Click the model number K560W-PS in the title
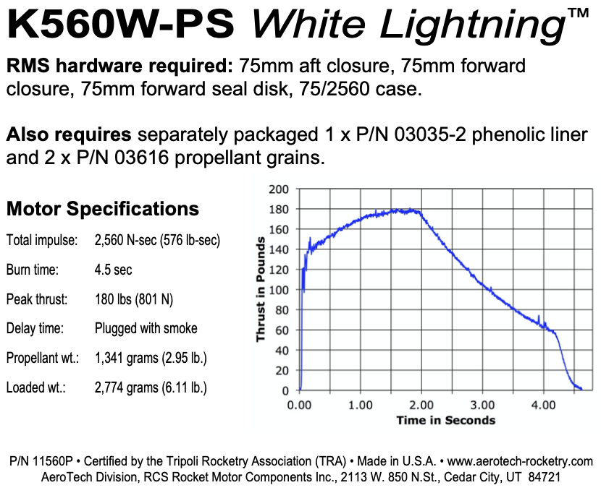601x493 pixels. coord(122,27)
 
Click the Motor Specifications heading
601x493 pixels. coord(102,210)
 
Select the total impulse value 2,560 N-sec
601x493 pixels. coord(157,240)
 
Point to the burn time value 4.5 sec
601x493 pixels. coord(114,270)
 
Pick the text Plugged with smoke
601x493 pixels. coord(146,328)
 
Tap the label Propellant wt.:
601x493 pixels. coord(41,358)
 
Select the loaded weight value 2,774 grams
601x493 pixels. coord(151,387)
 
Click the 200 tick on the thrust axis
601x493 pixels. coord(280,189)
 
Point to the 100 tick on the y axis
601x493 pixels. coord(280,290)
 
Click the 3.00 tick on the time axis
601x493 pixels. coord(483,405)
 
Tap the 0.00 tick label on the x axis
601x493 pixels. coord(300,405)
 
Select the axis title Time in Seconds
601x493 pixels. coord(445,420)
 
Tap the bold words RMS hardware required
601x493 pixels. coord(119,67)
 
